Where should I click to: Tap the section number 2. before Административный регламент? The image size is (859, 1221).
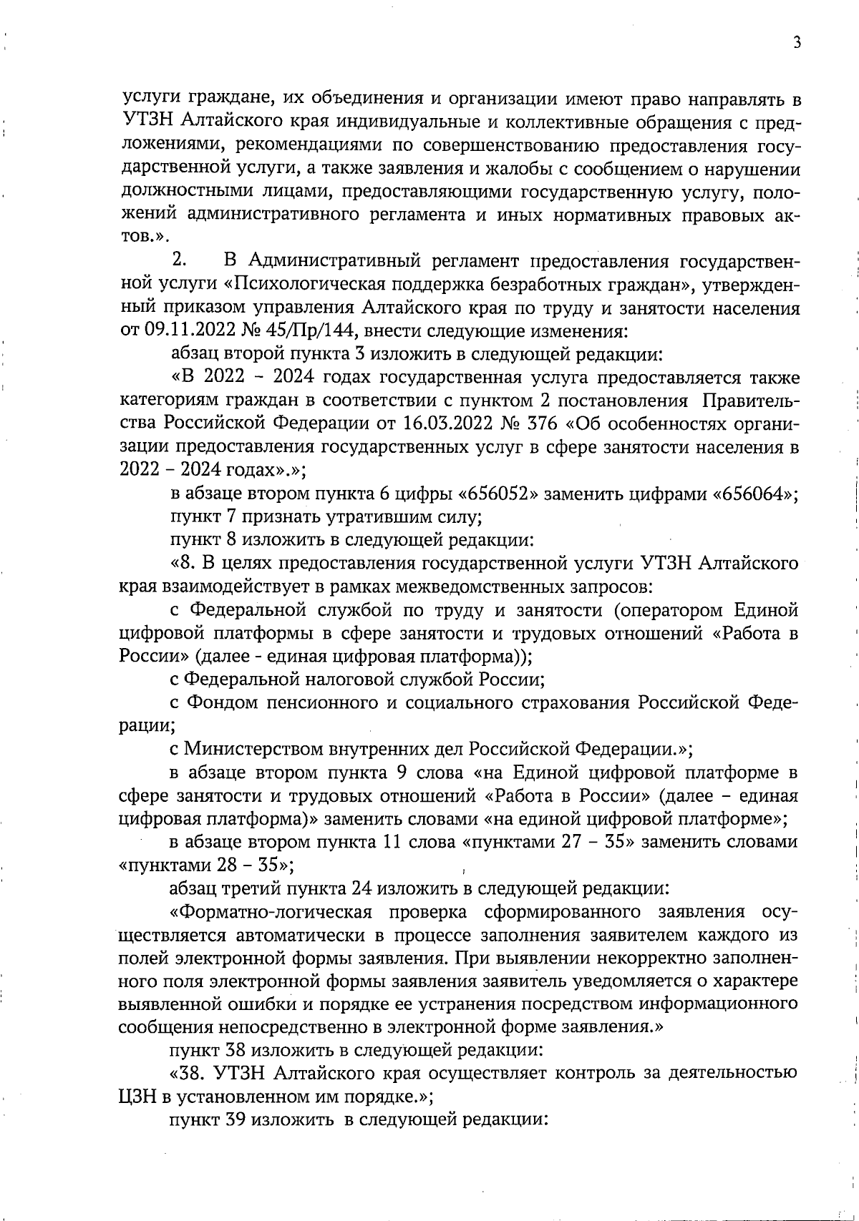click(x=179, y=261)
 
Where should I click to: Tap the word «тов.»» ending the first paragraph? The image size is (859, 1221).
click(x=143, y=238)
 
